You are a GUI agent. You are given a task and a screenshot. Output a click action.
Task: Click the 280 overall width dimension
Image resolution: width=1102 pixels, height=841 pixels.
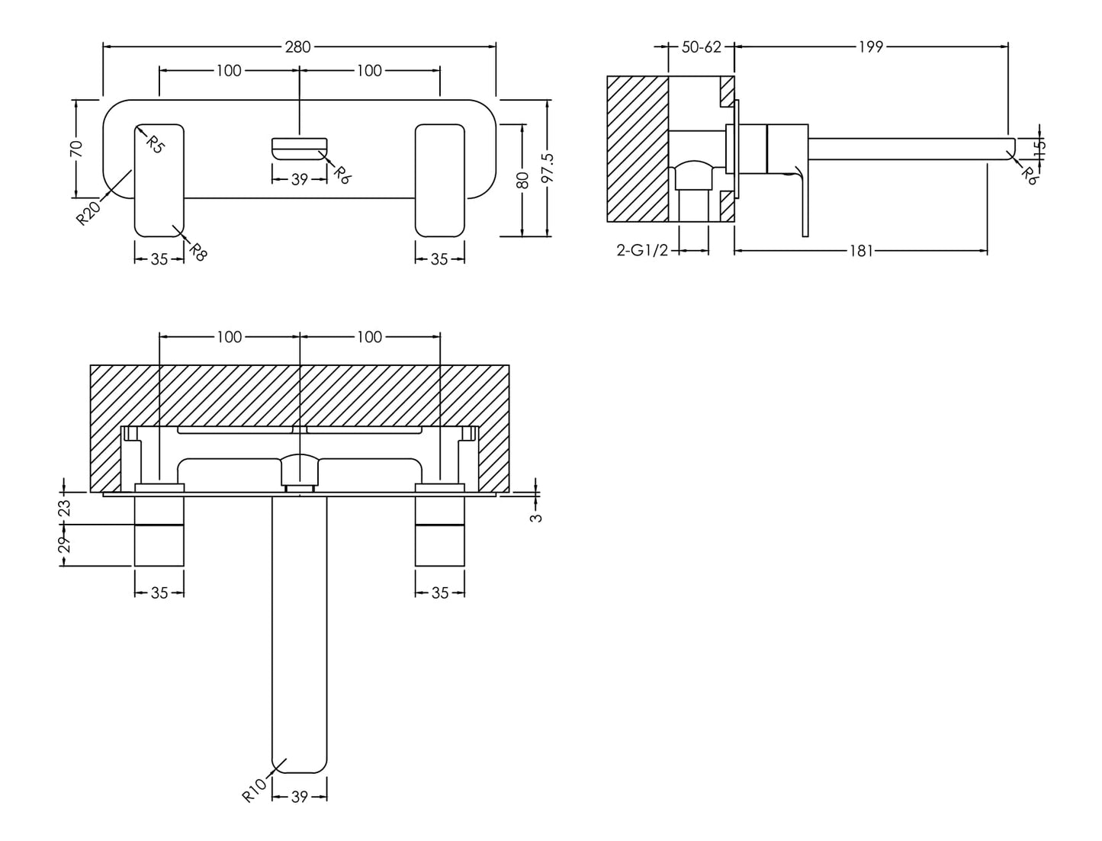coord(297,47)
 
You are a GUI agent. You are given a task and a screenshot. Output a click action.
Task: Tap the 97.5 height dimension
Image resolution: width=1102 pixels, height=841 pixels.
coord(547,168)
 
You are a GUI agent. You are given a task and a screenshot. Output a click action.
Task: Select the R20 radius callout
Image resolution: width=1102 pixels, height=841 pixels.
coord(88,213)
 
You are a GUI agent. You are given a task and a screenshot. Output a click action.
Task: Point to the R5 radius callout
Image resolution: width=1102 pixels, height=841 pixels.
coord(155,143)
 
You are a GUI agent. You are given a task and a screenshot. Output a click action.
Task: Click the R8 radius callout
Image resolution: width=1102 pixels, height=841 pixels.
coord(197,252)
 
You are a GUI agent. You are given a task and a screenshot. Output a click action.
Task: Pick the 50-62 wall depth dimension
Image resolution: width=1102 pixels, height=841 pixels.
coord(701,47)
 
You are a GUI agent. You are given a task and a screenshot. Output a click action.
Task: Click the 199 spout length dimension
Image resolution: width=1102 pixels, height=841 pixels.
coord(870,47)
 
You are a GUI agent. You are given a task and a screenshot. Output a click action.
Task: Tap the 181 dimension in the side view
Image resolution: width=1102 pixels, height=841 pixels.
coord(860,251)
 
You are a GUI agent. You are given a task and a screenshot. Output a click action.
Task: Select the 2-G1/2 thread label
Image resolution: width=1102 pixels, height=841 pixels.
coord(642,251)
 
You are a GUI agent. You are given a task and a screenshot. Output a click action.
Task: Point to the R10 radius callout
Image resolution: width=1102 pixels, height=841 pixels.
coord(255,790)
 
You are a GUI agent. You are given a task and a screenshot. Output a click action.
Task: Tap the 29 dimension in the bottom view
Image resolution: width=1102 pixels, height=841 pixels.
coord(64,544)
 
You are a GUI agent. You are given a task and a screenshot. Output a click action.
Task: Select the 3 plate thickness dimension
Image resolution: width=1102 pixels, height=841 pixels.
coord(537,516)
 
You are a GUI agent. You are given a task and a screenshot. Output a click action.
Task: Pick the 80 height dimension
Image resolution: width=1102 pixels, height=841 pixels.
coord(522,180)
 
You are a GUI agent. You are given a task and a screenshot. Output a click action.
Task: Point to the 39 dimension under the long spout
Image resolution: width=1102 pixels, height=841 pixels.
coord(300,797)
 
